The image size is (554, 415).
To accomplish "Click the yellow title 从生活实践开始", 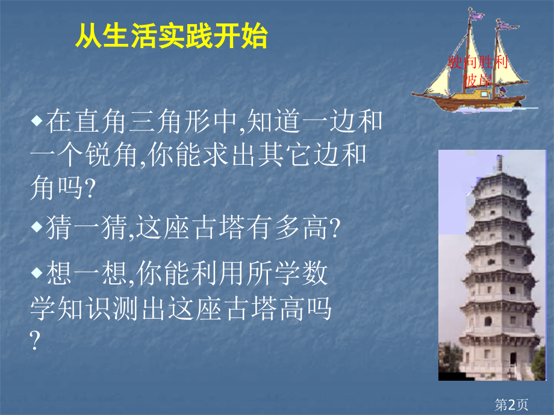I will click(171, 37).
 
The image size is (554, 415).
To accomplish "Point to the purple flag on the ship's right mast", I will click(508, 26).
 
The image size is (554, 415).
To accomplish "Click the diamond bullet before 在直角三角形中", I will click(37, 120).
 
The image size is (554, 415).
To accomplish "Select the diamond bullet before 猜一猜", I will click(37, 227).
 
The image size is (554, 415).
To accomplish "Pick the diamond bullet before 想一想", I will click(37, 274).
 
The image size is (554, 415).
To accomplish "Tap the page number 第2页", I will click(511, 405).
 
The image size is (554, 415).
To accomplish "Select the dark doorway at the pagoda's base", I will click(512, 360).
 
